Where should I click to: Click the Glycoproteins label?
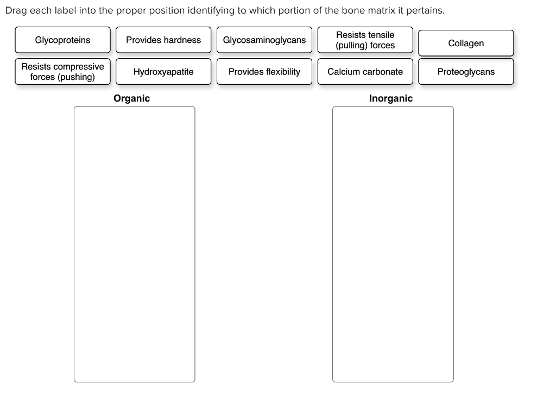tap(62, 40)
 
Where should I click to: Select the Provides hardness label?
tap(163, 40)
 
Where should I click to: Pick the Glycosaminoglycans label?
tap(264, 40)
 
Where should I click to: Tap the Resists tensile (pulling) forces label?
tap(365, 40)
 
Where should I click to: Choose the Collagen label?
tap(466, 43)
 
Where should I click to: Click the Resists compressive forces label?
tap(62, 72)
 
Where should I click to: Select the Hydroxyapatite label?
tap(163, 72)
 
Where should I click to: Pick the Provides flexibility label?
tap(264, 72)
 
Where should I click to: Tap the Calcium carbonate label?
tap(365, 72)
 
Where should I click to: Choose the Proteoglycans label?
tap(466, 72)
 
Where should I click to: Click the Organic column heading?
tap(131, 98)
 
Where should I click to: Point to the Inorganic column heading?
tap(390, 98)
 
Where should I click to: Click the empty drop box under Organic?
tap(134, 244)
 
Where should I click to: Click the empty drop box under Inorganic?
tap(393, 244)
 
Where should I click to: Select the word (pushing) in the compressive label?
tap(76, 77)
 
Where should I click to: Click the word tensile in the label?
tap(381, 35)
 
